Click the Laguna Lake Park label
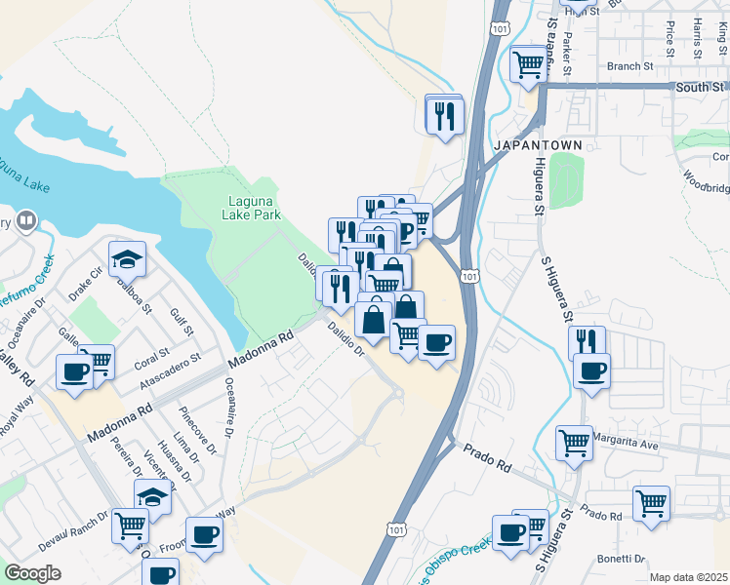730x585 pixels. click(x=254, y=207)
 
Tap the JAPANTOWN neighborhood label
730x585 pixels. click(x=540, y=144)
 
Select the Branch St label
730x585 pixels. click(x=629, y=67)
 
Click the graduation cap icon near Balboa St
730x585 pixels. click(x=127, y=259)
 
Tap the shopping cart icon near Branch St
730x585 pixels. click(x=528, y=64)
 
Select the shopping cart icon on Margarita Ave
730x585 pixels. click(x=574, y=443)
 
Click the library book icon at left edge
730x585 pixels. click(x=26, y=220)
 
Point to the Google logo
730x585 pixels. click(x=32, y=572)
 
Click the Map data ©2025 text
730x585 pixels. click(x=689, y=577)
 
